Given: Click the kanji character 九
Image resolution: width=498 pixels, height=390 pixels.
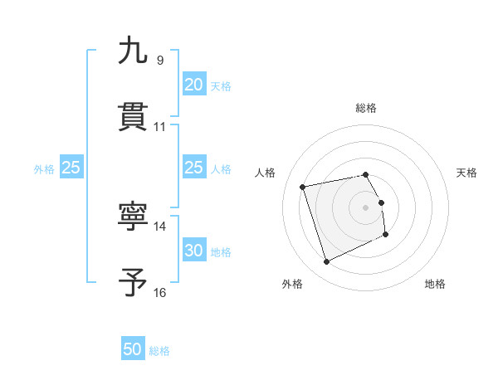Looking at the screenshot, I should tap(133, 51).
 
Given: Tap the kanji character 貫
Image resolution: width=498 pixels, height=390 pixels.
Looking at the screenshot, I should tap(133, 117).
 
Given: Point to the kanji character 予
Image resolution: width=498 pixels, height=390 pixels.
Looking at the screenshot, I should tap(133, 283).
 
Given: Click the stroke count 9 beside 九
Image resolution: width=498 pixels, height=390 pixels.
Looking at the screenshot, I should tap(160, 61).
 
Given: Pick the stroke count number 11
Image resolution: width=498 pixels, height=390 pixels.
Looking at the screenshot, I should tap(160, 127).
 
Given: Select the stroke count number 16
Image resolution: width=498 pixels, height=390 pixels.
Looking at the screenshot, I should tap(160, 292).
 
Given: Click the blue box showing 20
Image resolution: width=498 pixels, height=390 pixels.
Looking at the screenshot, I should tap(193, 85).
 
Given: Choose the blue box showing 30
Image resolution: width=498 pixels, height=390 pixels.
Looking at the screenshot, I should tap(193, 251).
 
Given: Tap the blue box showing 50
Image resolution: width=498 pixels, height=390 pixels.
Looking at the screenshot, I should tap(133, 349).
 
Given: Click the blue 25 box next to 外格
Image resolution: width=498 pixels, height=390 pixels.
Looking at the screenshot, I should tap(71, 168).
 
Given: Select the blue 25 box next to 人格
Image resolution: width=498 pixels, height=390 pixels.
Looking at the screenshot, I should tap(193, 168).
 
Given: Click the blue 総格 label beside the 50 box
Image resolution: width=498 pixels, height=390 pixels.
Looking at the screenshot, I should tap(159, 351).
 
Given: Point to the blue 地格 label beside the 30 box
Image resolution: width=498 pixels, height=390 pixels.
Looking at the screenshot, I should tap(221, 252).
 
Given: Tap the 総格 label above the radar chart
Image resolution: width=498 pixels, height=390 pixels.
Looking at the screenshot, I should tap(366, 108).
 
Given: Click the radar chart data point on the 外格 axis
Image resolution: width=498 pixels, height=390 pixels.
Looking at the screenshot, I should tap(326, 262).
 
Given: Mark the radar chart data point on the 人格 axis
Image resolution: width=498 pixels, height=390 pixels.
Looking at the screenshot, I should tap(303, 186).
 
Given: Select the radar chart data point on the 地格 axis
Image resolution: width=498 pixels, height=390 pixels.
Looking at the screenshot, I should tap(387, 236).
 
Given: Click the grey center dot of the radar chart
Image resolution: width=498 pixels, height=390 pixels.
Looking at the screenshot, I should tap(366, 207).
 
